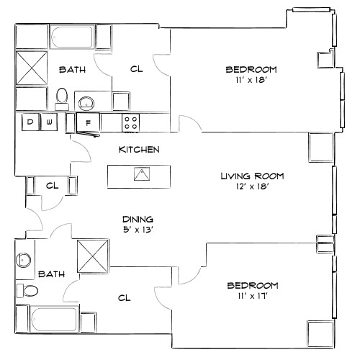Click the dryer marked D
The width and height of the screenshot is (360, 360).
coord(30,122)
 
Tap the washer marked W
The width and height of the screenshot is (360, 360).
coord(49,122)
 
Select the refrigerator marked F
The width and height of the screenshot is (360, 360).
coord(88,123)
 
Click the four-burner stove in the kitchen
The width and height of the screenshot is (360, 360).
coord(130,122)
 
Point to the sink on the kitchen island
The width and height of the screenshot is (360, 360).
coord(142,174)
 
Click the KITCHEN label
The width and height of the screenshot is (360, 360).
coord(139,150)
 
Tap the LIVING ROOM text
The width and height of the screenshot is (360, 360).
coord(252,176)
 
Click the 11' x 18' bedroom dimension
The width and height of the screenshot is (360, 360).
coord(251,81)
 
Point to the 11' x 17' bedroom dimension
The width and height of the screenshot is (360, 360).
coord(252,296)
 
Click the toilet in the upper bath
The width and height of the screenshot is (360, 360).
coord(62,96)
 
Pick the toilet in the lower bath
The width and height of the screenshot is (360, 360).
coord(29,291)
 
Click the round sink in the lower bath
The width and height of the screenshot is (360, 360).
coord(24,259)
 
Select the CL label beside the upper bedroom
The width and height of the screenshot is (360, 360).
coord(136,70)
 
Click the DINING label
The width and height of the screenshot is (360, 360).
coord(139,220)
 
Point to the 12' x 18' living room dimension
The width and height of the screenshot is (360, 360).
coord(252,186)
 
